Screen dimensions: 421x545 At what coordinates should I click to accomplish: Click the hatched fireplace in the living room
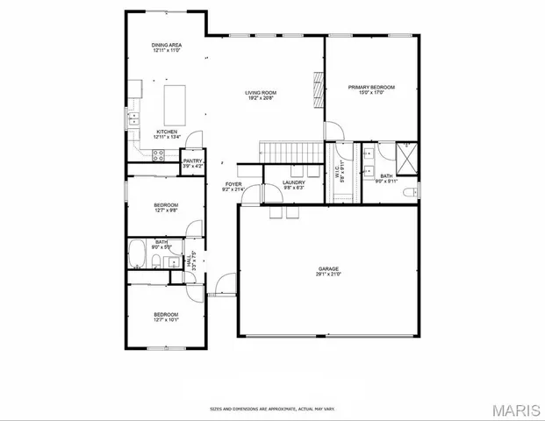[318, 87]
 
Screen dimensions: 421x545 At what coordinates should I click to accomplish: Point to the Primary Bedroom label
[371, 87]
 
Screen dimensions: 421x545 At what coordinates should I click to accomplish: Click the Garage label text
[329, 268]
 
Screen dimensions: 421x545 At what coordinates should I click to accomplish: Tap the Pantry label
[192, 161]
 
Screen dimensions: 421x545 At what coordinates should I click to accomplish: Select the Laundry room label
[293, 182]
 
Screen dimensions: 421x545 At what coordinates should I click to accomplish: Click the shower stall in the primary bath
[405, 158]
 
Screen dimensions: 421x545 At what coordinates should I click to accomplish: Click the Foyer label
[233, 184]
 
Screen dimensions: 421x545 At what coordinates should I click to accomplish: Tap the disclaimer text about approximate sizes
[271, 408]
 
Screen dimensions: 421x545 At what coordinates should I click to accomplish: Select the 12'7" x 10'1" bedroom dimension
[166, 319]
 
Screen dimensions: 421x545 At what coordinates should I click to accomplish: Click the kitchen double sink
[133, 118]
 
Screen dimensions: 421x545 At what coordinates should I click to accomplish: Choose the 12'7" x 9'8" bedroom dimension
[166, 210]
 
